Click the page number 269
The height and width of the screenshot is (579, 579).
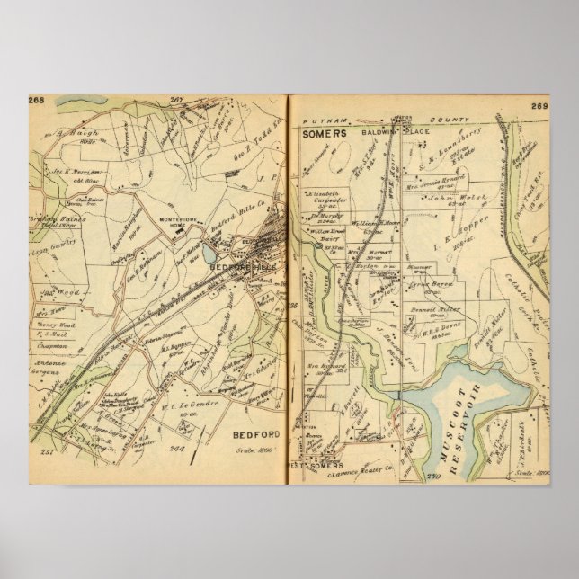coord(539,107)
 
